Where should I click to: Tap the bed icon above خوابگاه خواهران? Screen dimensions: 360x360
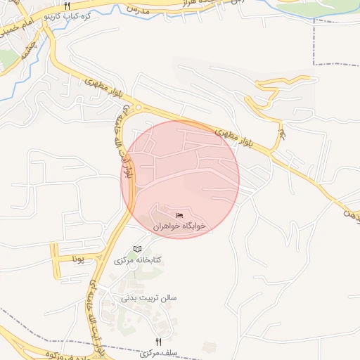[180, 215]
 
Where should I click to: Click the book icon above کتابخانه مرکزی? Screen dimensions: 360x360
[138, 249]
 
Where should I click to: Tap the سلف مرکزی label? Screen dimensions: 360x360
[157, 352]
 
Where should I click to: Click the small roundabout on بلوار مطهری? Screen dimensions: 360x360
[139, 108]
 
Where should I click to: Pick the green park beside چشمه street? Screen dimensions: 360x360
[6, 59]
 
